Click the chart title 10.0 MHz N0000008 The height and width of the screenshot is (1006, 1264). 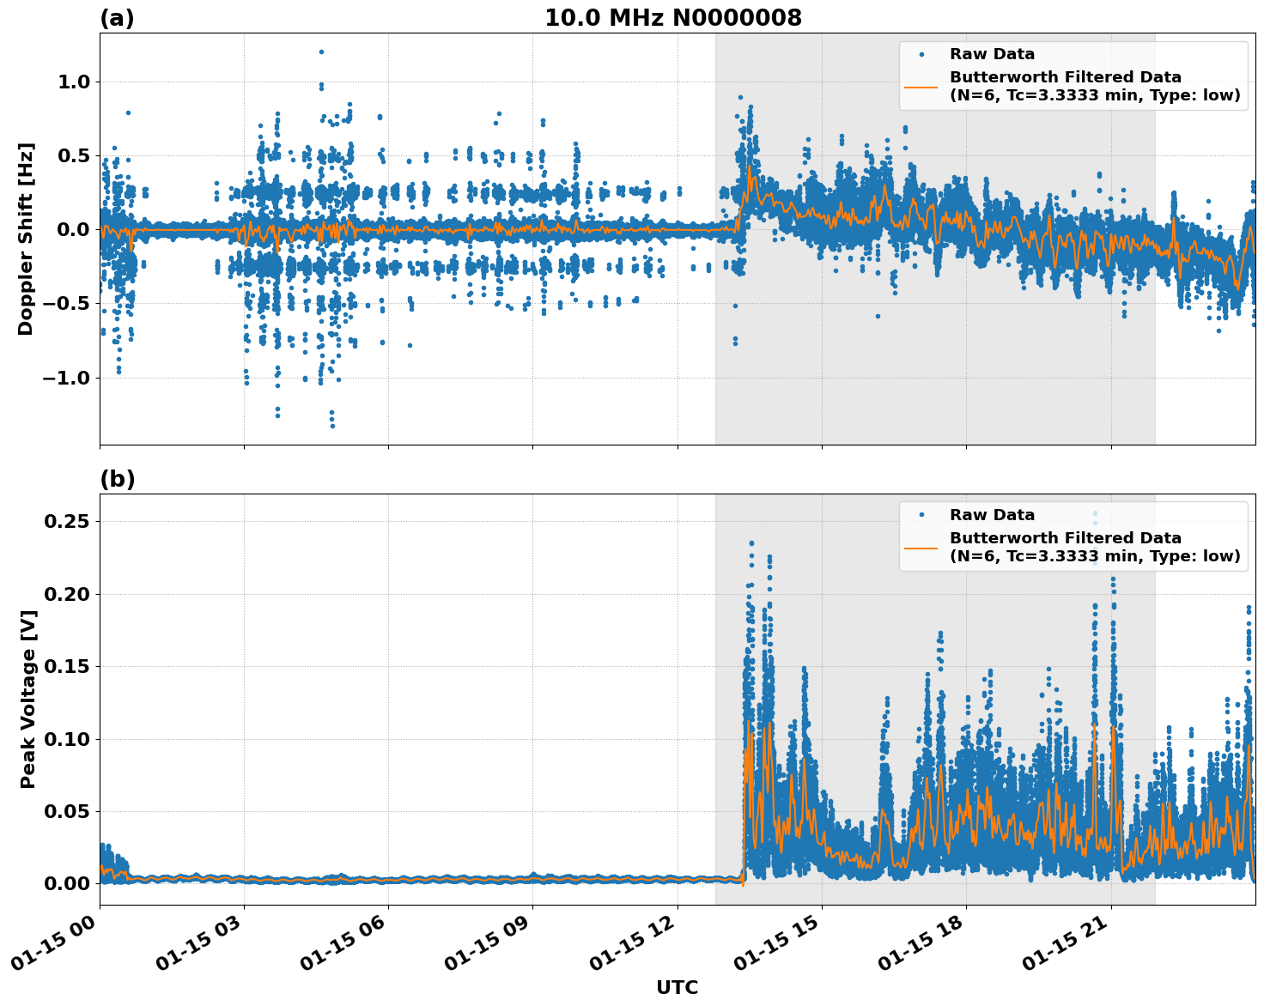click(x=672, y=18)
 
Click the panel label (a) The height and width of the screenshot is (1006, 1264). click(x=117, y=18)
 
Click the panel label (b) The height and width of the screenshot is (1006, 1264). click(x=118, y=479)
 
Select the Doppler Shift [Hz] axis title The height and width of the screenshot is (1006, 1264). click(x=26, y=239)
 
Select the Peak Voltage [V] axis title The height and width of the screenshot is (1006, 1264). click(x=28, y=700)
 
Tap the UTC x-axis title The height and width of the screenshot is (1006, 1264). click(x=677, y=987)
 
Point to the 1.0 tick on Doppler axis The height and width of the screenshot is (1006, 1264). click(x=74, y=82)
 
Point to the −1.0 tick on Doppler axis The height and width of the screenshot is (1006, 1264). click(x=67, y=378)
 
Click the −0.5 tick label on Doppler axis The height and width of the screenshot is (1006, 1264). click(x=67, y=304)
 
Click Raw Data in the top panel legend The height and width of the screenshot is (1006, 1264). click(x=992, y=55)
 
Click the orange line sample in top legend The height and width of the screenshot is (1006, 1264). click(x=921, y=86)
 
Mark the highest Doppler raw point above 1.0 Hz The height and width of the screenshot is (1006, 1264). click(x=321, y=52)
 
